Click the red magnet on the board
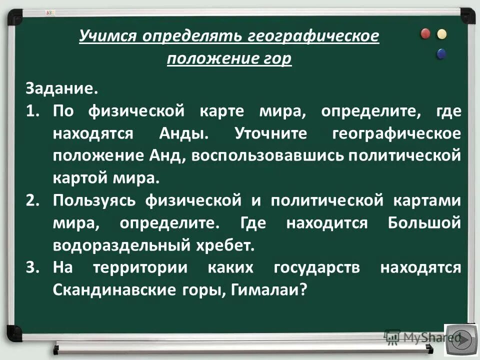point(425,33)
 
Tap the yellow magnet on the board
point(441,34)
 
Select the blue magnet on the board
point(441,53)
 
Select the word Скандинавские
point(112,290)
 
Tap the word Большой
point(424,223)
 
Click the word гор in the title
point(278,58)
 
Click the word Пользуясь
point(95,201)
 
